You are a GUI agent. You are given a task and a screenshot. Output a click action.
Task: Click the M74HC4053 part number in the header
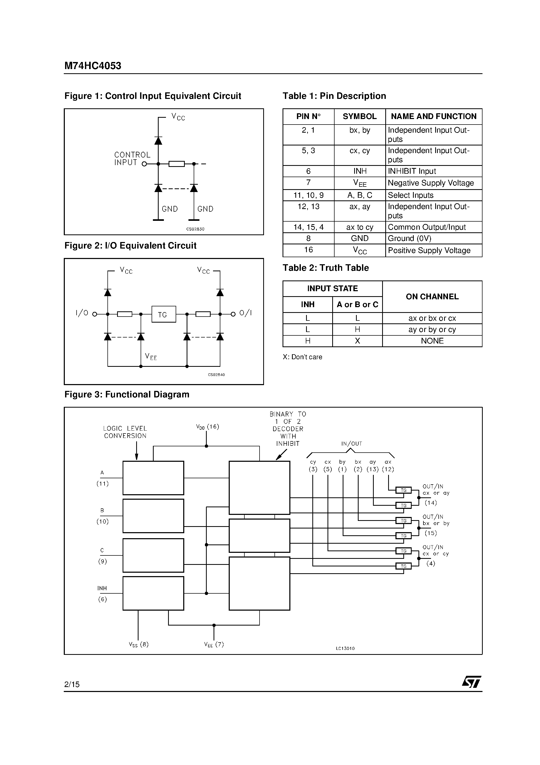pyautogui.click(x=93, y=66)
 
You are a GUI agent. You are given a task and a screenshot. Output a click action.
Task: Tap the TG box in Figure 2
pyautogui.click(x=163, y=314)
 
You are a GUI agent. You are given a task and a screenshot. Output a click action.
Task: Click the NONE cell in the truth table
pyautogui.click(x=432, y=341)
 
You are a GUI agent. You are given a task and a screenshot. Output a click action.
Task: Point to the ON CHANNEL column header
pyautogui.click(x=432, y=296)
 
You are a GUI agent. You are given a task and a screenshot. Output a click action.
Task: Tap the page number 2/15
pyautogui.click(x=72, y=684)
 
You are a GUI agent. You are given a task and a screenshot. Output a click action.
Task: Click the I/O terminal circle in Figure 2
pyautogui.click(x=95, y=314)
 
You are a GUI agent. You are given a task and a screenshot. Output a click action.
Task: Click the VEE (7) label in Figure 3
pyautogui.click(x=214, y=644)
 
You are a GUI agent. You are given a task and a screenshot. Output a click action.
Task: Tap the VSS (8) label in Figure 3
pyautogui.click(x=139, y=644)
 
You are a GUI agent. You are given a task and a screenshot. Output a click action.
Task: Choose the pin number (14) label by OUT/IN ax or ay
pyautogui.click(x=430, y=503)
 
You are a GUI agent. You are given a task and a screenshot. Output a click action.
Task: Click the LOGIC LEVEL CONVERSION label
pyautogui.click(x=125, y=432)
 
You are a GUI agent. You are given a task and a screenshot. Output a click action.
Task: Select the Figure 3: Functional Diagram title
pyautogui.click(x=127, y=395)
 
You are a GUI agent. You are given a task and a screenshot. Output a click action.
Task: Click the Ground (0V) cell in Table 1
pyautogui.click(x=410, y=239)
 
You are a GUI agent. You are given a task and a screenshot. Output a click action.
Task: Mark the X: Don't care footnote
pyautogui.click(x=302, y=357)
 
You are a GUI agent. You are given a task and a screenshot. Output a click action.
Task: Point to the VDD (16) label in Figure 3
pyautogui.click(x=208, y=427)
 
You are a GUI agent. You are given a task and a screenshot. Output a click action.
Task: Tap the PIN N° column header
pyautogui.click(x=308, y=117)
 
